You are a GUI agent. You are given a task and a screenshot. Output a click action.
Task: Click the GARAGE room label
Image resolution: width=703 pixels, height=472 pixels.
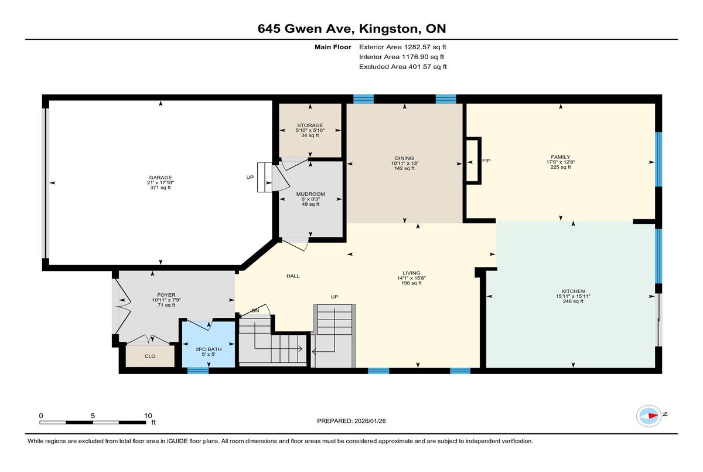[x=161, y=178]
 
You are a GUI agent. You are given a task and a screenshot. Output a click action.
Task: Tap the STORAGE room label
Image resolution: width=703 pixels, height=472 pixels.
[x=310, y=125]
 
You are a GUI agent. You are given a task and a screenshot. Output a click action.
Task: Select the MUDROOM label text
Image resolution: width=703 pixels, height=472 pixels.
[x=310, y=194]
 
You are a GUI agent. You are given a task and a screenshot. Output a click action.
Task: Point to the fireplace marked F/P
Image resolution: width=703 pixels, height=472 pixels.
[x=473, y=161]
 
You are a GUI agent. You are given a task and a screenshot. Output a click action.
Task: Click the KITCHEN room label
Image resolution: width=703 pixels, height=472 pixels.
[x=573, y=291]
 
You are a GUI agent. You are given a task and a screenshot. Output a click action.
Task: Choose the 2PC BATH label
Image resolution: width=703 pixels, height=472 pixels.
[x=209, y=349]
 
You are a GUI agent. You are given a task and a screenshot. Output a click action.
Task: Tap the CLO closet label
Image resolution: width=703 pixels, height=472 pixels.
[x=150, y=356]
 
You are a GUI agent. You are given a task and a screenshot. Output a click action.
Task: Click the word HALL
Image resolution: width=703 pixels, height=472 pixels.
[x=293, y=276]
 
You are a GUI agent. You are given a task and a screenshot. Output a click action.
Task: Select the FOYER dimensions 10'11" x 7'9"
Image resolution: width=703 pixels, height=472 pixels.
[x=166, y=300]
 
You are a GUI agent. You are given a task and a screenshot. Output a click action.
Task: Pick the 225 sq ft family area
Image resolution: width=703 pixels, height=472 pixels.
[x=561, y=167]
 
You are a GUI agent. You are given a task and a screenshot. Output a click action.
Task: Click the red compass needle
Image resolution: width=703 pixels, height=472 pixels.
[x=653, y=416]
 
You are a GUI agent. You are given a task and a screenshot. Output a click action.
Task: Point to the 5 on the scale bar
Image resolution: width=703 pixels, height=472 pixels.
[x=93, y=416]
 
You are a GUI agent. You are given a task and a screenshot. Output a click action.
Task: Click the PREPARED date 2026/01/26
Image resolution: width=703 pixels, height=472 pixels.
[x=370, y=421]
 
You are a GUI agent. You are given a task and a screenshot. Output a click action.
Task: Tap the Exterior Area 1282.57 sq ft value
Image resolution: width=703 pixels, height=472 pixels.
[x=425, y=47]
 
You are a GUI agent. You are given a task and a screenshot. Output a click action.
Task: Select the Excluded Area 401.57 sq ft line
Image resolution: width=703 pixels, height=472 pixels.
[x=403, y=67]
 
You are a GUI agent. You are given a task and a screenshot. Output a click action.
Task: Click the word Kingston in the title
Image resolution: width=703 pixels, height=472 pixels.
[x=388, y=29]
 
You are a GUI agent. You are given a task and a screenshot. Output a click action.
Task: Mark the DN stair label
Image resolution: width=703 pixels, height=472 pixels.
[x=255, y=311]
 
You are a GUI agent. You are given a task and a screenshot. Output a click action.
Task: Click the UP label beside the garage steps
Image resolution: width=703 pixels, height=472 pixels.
[x=250, y=177]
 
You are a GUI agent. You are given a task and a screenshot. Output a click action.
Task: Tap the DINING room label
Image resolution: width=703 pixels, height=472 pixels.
[x=404, y=158]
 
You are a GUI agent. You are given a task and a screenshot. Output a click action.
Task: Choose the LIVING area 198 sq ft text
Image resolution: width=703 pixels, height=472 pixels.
[x=411, y=283]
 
